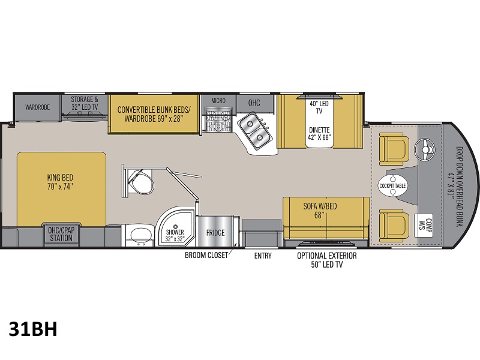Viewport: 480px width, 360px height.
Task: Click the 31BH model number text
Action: (x=33, y=329)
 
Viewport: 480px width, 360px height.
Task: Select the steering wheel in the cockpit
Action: (x=425, y=149)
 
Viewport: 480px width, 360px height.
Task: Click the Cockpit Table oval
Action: (x=392, y=185)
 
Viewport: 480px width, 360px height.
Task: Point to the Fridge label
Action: (x=215, y=233)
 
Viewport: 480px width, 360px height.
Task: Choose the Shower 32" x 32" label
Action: (x=175, y=236)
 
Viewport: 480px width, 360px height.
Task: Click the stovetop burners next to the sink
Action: (x=218, y=120)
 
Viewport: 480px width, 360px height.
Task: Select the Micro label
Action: (x=218, y=100)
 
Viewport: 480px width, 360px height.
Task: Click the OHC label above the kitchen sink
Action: (x=254, y=103)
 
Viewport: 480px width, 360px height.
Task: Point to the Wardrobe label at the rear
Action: (x=37, y=107)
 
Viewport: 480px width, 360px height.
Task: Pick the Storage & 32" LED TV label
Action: (x=85, y=103)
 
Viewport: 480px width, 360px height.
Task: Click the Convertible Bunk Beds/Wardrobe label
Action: (x=154, y=114)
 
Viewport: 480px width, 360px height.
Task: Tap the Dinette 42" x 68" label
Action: (x=319, y=133)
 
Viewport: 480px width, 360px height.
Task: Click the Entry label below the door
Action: (x=263, y=256)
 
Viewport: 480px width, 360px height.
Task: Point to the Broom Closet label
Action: (x=206, y=256)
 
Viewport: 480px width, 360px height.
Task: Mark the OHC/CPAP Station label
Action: (x=61, y=234)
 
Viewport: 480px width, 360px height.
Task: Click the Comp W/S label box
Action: (x=424, y=226)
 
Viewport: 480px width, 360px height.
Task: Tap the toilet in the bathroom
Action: (x=140, y=182)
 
